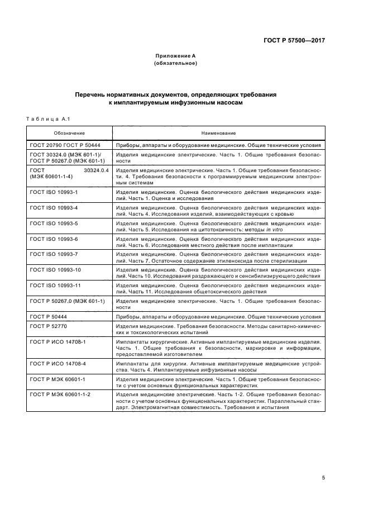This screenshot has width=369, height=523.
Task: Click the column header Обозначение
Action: (69, 133)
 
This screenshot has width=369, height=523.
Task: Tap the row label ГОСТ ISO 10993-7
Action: (54, 255)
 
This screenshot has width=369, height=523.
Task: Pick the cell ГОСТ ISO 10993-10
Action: (56, 270)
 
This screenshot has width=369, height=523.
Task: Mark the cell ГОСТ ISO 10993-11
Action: (56, 286)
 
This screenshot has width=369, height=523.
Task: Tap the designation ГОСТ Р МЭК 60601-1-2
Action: (60, 394)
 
